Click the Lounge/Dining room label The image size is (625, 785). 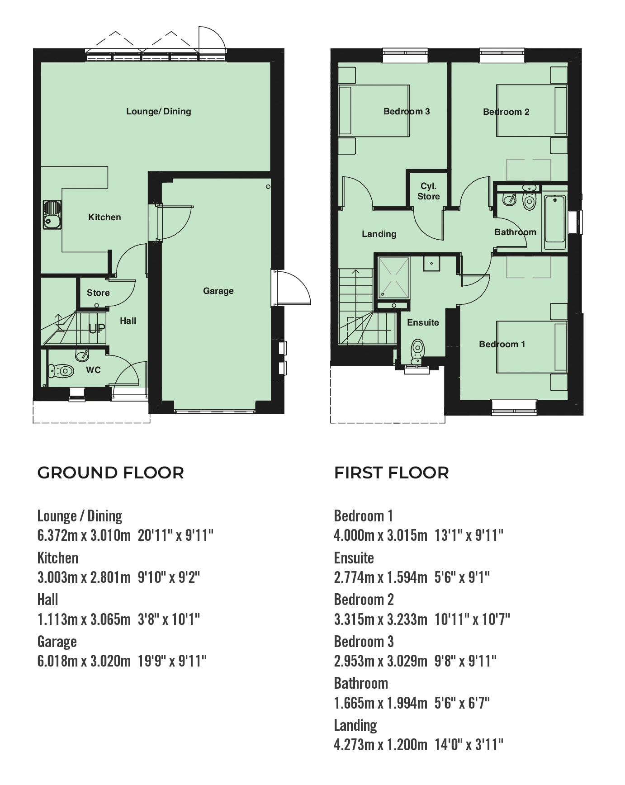tap(158, 111)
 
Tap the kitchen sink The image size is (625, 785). tap(52, 215)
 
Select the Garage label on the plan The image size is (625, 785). tap(218, 291)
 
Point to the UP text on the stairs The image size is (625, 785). tap(96, 329)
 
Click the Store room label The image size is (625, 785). tap(98, 293)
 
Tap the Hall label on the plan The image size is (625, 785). tap(128, 321)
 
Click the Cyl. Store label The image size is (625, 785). tap(428, 191)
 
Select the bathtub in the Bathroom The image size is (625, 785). tap(555, 222)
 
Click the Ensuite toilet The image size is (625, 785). tap(417, 351)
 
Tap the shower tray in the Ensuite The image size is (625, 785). tap(393, 278)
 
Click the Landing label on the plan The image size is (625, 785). tap(379, 234)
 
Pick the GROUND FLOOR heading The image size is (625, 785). tap(111, 473)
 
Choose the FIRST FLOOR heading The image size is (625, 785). tap(392, 473)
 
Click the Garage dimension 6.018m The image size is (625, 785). tap(57, 661)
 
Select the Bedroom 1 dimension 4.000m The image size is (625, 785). tap(354, 535)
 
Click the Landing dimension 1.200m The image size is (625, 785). tap(407, 744)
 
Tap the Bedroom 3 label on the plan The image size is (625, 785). tap(407, 111)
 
